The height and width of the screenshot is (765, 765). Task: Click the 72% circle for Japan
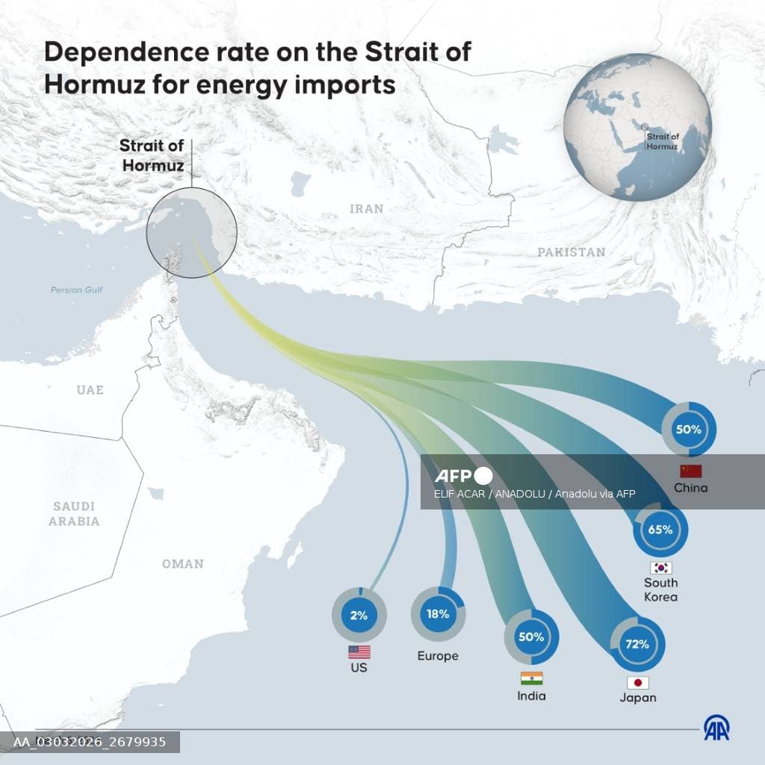(x=637, y=644)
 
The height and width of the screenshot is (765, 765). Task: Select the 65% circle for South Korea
(x=660, y=530)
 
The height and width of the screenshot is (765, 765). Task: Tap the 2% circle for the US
(x=359, y=616)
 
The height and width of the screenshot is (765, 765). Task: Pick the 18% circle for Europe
(x=439, y=614)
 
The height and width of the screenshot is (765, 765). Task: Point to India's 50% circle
(x=531, y=637)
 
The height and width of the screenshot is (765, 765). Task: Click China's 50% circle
(x=689, y=430)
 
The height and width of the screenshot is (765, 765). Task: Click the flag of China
(x=691, y=471)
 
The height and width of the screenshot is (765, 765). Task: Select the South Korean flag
(x=661, y=568)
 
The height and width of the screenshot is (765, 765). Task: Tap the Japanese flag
(x=638, y=682)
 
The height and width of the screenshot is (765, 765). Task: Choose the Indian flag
(x=532, y=678)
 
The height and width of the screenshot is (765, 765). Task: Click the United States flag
(x=359, y=652)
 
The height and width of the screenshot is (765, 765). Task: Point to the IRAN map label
(x=367, y=209)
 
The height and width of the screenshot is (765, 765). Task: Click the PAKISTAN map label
(x=572, y=253)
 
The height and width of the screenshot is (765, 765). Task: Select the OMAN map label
(x=183, y=564)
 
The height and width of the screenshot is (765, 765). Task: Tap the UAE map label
(x=90, y=390)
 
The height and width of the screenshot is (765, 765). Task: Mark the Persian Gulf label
(x=76, y=290)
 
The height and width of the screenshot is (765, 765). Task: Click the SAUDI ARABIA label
(x=74, y=514)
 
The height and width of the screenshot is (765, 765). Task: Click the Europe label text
(x=438, y=656)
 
